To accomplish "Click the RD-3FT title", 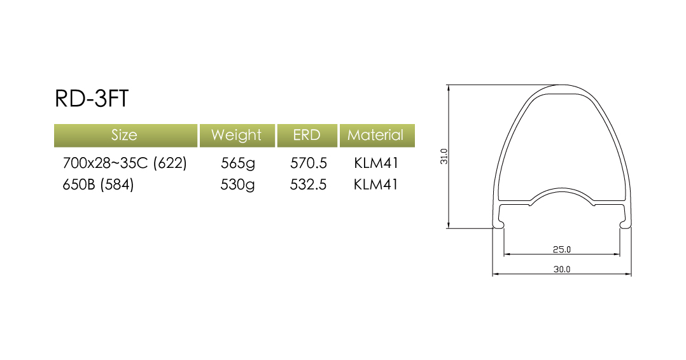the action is click(x=92, y=99).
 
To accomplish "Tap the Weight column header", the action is click(x=237, y=135).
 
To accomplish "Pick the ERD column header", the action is click(x=307, y=135).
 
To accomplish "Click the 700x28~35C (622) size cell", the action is click(x=125, y=163).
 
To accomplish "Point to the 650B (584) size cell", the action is click(x=98, y=184).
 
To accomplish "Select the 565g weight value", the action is click(x=237, y=163).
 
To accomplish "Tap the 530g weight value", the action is click(x=237, y=185).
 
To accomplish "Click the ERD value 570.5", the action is click(x=309, y=163).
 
